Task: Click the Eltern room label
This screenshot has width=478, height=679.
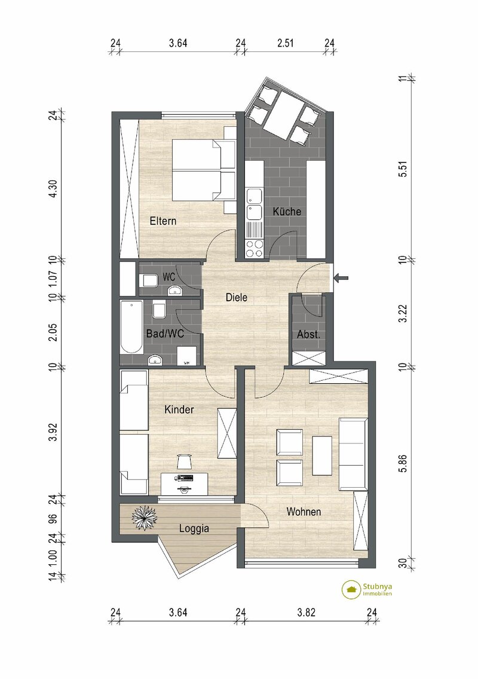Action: click(x=163, y=221)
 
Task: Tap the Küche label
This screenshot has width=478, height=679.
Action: click(x=287, y=212)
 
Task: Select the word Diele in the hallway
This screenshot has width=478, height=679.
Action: click(x=236, y=296)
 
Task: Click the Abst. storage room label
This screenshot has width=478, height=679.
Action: click(x=308, y=335)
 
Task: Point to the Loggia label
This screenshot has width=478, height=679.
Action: click(x=194, y=528)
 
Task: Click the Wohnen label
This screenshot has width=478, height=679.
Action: click(x=304, y=512)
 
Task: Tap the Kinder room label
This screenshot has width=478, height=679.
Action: click(x=179, y=409)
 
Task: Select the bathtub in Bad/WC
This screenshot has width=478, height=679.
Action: click(x=130, y=327)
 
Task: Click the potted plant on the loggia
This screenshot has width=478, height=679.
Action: click(x=145, y=518)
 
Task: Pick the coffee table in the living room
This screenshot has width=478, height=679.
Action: click(x=322, y=454)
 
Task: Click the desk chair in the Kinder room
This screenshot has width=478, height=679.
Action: click(x=184, y=461)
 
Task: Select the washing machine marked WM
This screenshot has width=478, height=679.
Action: click(x=188, y=357)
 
